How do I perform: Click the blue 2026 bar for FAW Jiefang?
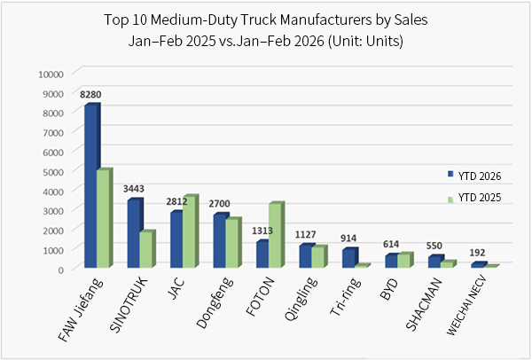pos(90,186)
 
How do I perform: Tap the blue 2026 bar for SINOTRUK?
pos(133,233)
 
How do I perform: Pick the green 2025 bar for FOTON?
pos(276,236)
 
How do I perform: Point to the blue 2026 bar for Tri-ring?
pos(348,257)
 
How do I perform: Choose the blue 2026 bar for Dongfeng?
pos(219,240)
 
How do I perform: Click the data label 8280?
pos(91,93)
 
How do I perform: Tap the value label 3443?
pos(133,189)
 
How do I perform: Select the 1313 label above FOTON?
pos(262,231)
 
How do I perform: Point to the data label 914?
pos(348,239)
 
